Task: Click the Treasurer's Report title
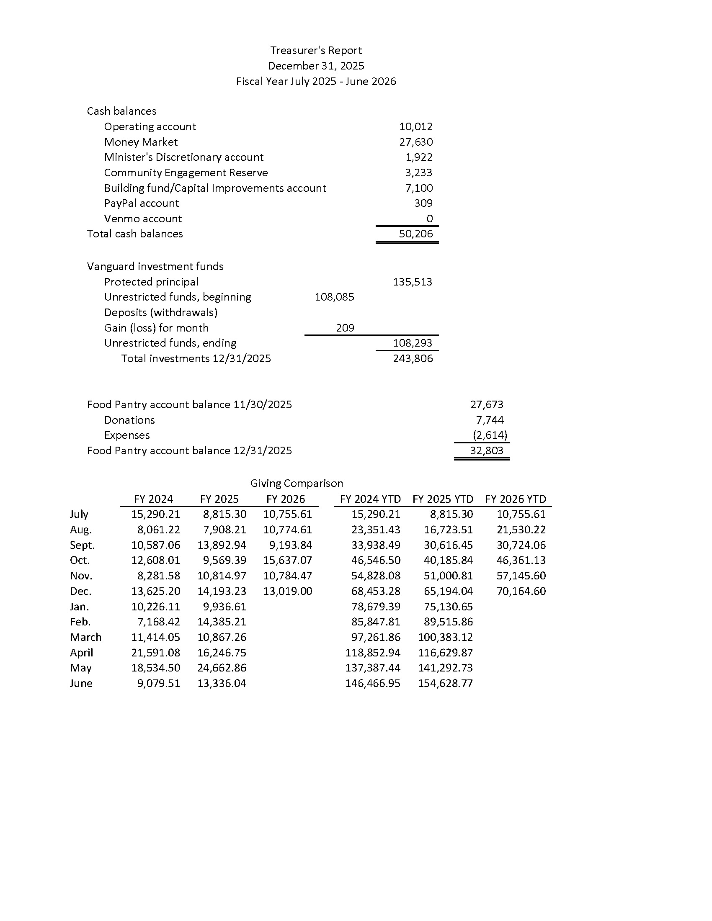point(316,51)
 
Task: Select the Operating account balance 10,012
point(416,126)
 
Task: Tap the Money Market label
point(141,142)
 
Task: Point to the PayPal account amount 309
point(423,203)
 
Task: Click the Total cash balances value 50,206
point(416,234)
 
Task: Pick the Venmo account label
point(143,219)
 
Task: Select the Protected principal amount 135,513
point(413,282)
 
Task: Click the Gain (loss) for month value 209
point(345,328)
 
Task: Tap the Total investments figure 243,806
point(413,358)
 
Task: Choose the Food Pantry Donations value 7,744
point(490,420)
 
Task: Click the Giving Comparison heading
point(297,483)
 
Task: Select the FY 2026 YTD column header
point(516,499)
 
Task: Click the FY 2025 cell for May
point(222,668)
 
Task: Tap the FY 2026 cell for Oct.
point(288,561)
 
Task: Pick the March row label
point(85,637)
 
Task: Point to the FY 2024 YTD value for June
point(373,683)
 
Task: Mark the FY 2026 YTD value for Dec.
point(521,591)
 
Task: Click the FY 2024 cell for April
point(156,653)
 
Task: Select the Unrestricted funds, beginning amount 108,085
point(335,297)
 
